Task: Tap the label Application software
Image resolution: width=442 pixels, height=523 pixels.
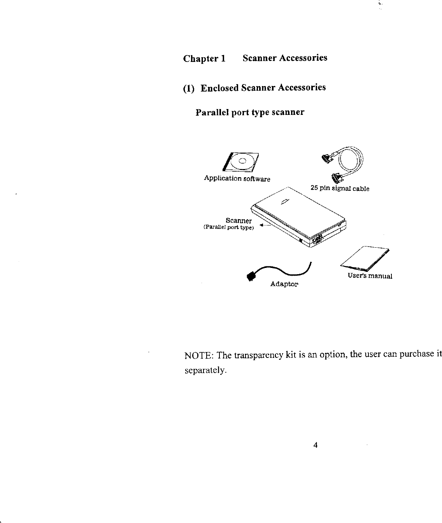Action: [x=237, y=179]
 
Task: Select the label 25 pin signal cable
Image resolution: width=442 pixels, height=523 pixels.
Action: [x=340, y=189]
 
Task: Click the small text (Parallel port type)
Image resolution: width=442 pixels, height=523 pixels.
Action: [x=228, y=227]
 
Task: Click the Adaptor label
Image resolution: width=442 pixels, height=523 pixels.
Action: [x=284, y=284]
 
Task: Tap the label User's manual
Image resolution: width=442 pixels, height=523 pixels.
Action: [x=370, y=276]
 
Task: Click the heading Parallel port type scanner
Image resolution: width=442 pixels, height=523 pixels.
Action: [x=249, y=113]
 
